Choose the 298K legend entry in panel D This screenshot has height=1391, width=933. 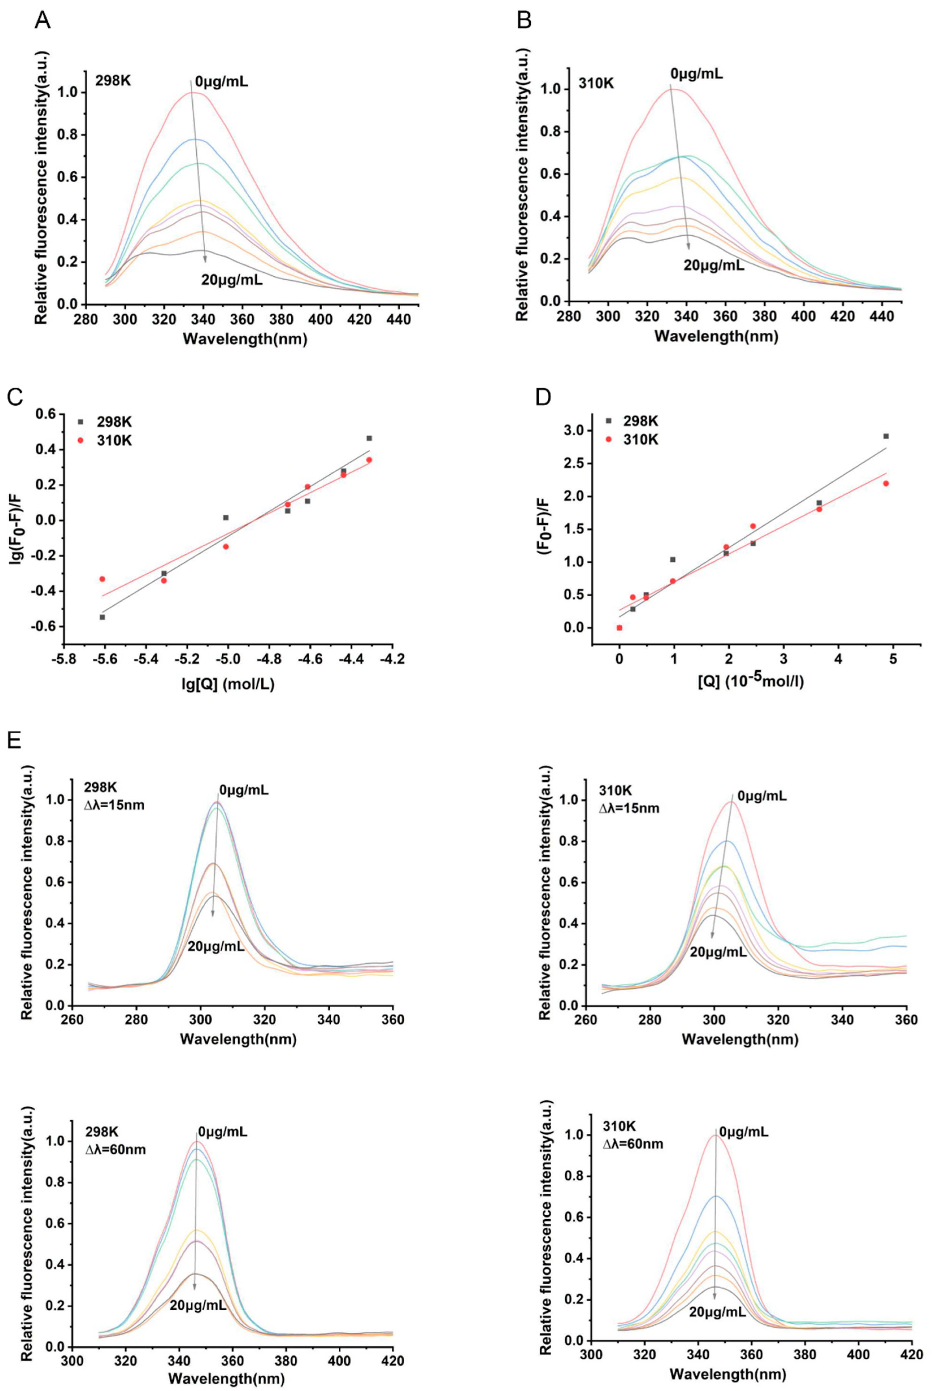pyautogui.click(x=640, y=421)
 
